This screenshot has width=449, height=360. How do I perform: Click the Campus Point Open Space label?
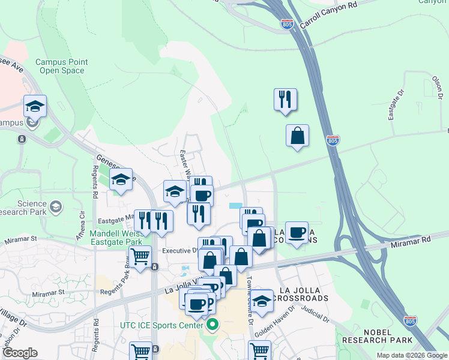[x=61, y=66]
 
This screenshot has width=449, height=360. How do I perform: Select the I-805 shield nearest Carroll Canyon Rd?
[x=287, y=24]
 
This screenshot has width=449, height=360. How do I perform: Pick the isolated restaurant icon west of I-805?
[x=285, y=100]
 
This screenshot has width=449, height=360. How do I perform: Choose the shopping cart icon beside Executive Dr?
[x=140, y=257]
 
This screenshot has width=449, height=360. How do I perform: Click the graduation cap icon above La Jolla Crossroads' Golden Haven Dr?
[x=261, y=301]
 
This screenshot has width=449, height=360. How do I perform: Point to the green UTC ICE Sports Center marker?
[x=211, y=325]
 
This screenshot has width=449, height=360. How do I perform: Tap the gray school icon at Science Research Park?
[x=56, y=207]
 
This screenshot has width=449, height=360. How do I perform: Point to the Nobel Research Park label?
[x=377, y=336]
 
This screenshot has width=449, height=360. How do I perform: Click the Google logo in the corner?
[x=20, y=353]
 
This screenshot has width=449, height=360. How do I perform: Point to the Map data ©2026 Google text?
[x=411, y=355]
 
